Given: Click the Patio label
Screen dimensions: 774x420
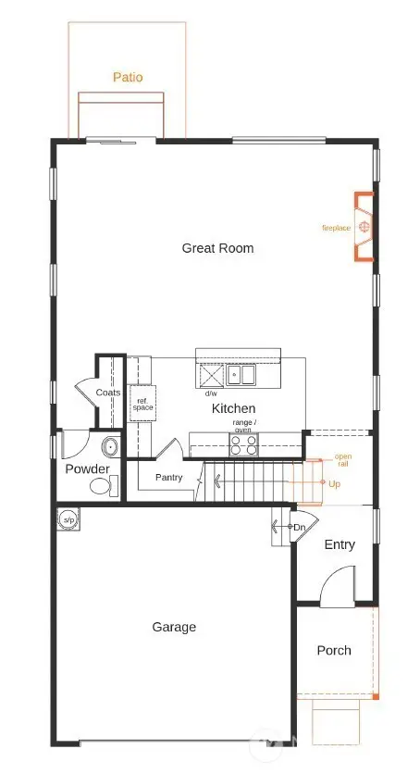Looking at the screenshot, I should tap(128, 78).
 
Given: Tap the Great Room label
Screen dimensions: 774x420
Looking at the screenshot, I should tap(217, 248).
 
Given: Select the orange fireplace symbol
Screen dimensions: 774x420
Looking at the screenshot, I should tap(365, 227).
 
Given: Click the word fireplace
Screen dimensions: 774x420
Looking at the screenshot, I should tap(336, 228).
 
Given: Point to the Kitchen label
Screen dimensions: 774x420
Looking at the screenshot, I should tap(233, 408).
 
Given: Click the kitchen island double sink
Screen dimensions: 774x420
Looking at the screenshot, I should tap(242, 375).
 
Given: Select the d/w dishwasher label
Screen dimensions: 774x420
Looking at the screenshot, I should tap(212, 393).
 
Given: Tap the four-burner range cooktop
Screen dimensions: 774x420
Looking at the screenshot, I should tap(244, 445).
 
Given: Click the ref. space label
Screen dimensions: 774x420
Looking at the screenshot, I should tap(142, 403).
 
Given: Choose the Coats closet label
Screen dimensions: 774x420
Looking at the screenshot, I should tap(108, 393).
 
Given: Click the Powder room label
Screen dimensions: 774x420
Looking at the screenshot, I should tap(87, 469).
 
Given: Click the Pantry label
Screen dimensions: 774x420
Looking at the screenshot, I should tap(168, 479).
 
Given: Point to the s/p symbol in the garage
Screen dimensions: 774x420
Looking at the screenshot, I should tap(68, 519).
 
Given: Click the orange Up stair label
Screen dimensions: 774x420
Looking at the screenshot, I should tap(334, 484).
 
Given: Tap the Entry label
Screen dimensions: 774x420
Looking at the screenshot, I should tap(339, 544).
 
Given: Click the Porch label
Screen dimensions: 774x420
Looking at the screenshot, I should tap(334, 651).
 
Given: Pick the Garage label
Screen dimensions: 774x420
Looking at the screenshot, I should tap(174, 627).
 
